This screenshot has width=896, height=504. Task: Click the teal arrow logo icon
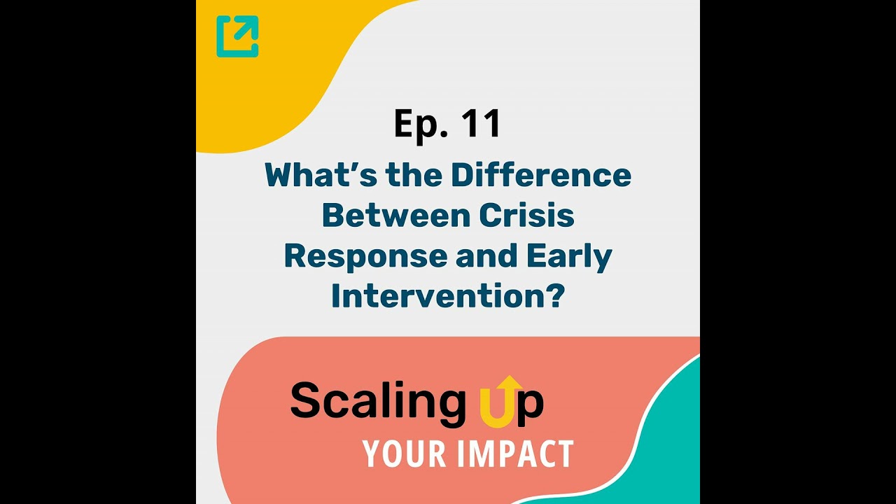pos(237,36)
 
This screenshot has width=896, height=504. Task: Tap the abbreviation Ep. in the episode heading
pos(419,125)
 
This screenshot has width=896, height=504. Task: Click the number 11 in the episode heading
pos(481,123)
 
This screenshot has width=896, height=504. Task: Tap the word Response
pos(365,256)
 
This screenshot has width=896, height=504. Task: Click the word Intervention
pos(435,296)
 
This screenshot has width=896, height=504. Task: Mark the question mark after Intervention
pos(553,296)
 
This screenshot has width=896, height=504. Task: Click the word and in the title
pos(485,256)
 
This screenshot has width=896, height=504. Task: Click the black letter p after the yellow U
pos(531,406)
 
